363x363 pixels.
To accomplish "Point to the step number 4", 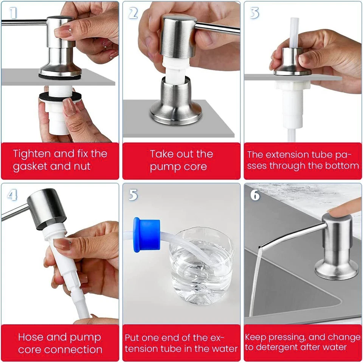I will pos(12,194).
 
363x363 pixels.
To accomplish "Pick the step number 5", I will pos(133,195).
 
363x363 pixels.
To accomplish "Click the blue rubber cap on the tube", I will pos(146,234).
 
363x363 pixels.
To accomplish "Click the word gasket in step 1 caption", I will pos(31,167).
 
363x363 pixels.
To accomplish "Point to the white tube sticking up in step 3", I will pos(294,32).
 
